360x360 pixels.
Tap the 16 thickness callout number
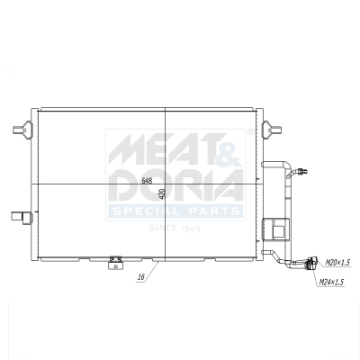140,279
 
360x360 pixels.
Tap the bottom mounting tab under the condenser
114,262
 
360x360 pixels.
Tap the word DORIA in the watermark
175,185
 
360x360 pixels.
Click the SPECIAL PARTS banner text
175,211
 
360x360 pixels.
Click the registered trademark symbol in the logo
241,134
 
